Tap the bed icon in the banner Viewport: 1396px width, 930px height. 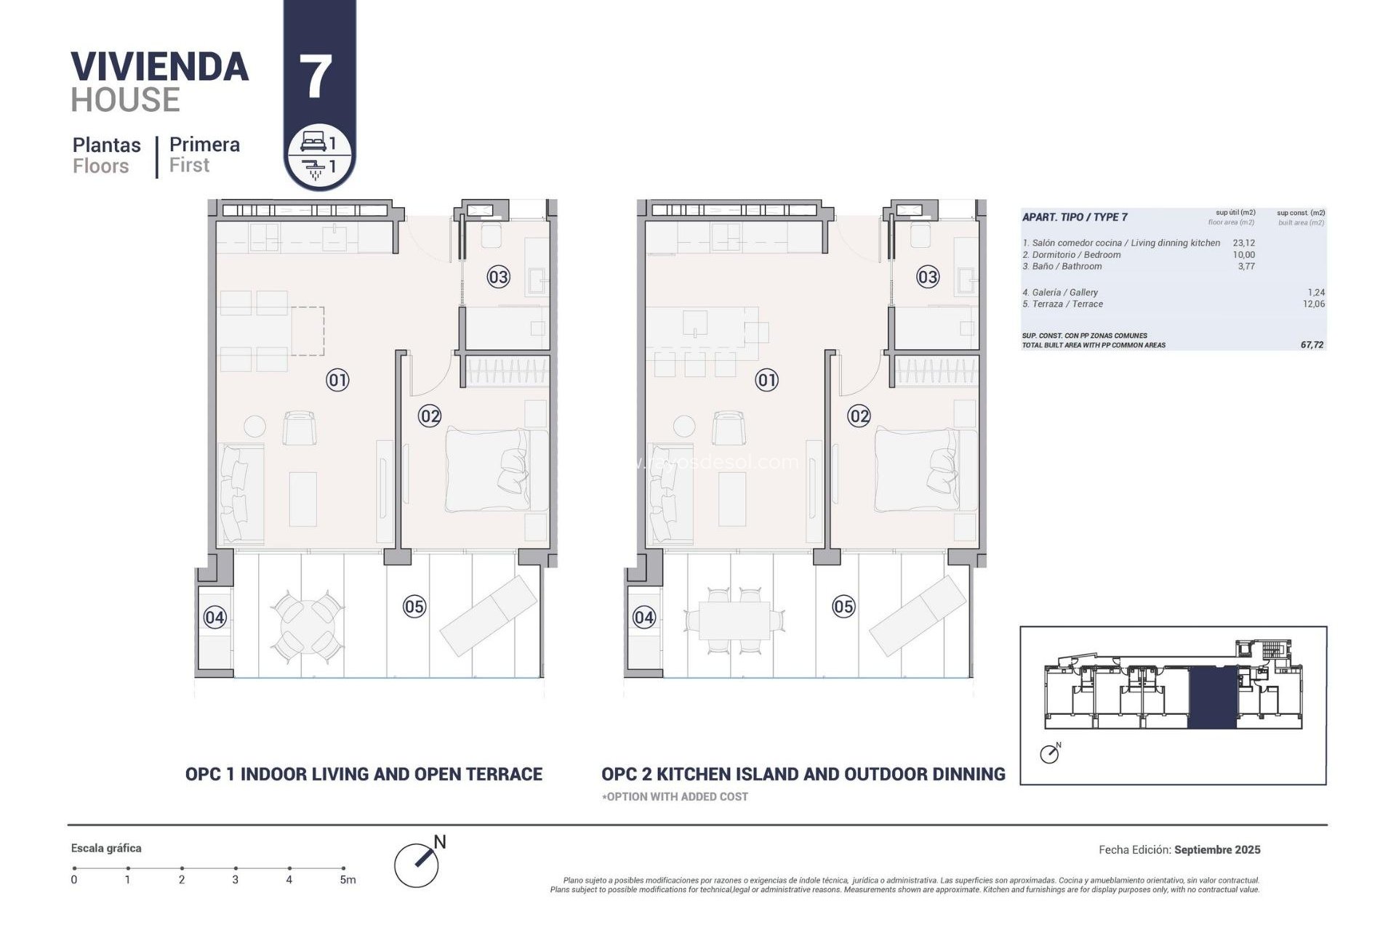coord(313,142)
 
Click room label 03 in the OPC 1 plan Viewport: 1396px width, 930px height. coord(498,277)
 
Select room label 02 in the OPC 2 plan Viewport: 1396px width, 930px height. coord(859,416)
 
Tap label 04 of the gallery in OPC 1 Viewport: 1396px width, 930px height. coord(214,618)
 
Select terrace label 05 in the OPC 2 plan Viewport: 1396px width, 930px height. coord(843,607)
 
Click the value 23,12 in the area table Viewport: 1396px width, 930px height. coord(1243,243)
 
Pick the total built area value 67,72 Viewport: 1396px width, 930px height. coord(1312,345)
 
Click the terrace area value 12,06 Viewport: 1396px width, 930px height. coord(1313,304)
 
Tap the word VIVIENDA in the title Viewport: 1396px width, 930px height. coord(160,67)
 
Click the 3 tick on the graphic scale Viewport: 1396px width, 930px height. coord(236,868)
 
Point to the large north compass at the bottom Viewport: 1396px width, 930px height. coord(417,865)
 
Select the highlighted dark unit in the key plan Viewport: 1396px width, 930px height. coord(1213,698)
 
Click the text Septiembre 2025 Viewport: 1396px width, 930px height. coord(1217,849)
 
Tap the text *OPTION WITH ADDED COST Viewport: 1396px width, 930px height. coord(675,796)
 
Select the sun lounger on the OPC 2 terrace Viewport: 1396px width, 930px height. coord(918,615)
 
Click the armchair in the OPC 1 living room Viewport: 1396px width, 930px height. coord(299,428)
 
